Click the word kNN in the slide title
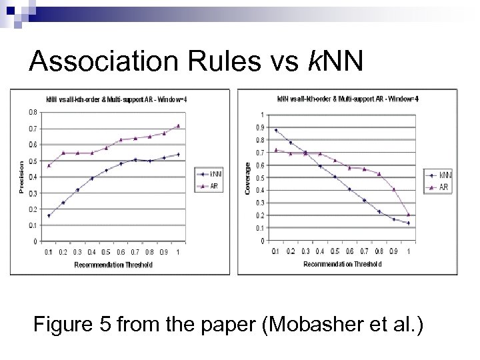[x=335, y=62]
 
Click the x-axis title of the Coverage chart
[x=343, y=264]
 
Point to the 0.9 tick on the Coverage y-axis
[x=260, y=127]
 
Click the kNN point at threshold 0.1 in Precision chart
[x=49, y=215]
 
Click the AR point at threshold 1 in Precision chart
[x=178, y=125]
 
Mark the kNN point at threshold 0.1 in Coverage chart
[x=276, y=130]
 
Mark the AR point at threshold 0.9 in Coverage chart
[x=393, y=189]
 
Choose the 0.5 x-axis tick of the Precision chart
[x=107, y=252]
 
